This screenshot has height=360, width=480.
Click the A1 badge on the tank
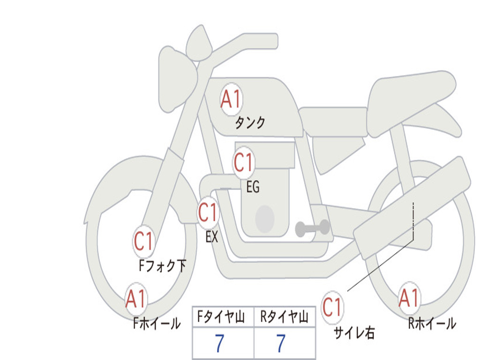(x=232, y=99)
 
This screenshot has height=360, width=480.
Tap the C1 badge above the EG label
(x=244, y=163)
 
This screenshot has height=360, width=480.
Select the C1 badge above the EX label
(x=208, y=213)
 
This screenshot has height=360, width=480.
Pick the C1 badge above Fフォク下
(x=144, y=241)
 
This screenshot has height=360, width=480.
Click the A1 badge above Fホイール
(x=136, y=299)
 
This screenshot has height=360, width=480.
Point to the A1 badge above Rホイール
(x=409, y=299)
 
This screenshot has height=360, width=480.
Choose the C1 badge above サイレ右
(x=332, y=307)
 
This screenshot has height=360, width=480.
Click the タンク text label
(x=250, y=122)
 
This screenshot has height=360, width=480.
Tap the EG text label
(x=253, y=187)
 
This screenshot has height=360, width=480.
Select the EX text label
(x=212, y=237)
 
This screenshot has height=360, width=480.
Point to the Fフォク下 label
(x=162, y=266)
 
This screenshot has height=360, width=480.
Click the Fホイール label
(x=157, y=323)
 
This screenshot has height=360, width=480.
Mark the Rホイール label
(x=432, y=323)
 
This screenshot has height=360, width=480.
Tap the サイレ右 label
(x=354, y=333)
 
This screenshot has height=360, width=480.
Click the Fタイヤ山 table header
(x=221, y=317)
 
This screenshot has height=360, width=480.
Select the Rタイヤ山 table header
(x=285, y=317)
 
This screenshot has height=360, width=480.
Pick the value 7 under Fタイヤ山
(x=219, y=343)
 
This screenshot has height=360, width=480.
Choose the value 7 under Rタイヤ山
(x=281, y=343)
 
